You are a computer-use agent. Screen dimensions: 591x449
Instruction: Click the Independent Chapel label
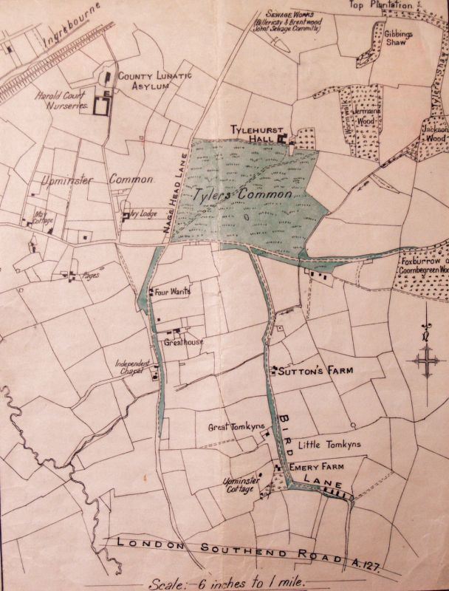point(133,366)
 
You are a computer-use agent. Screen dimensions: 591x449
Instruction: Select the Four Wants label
point(173,292)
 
